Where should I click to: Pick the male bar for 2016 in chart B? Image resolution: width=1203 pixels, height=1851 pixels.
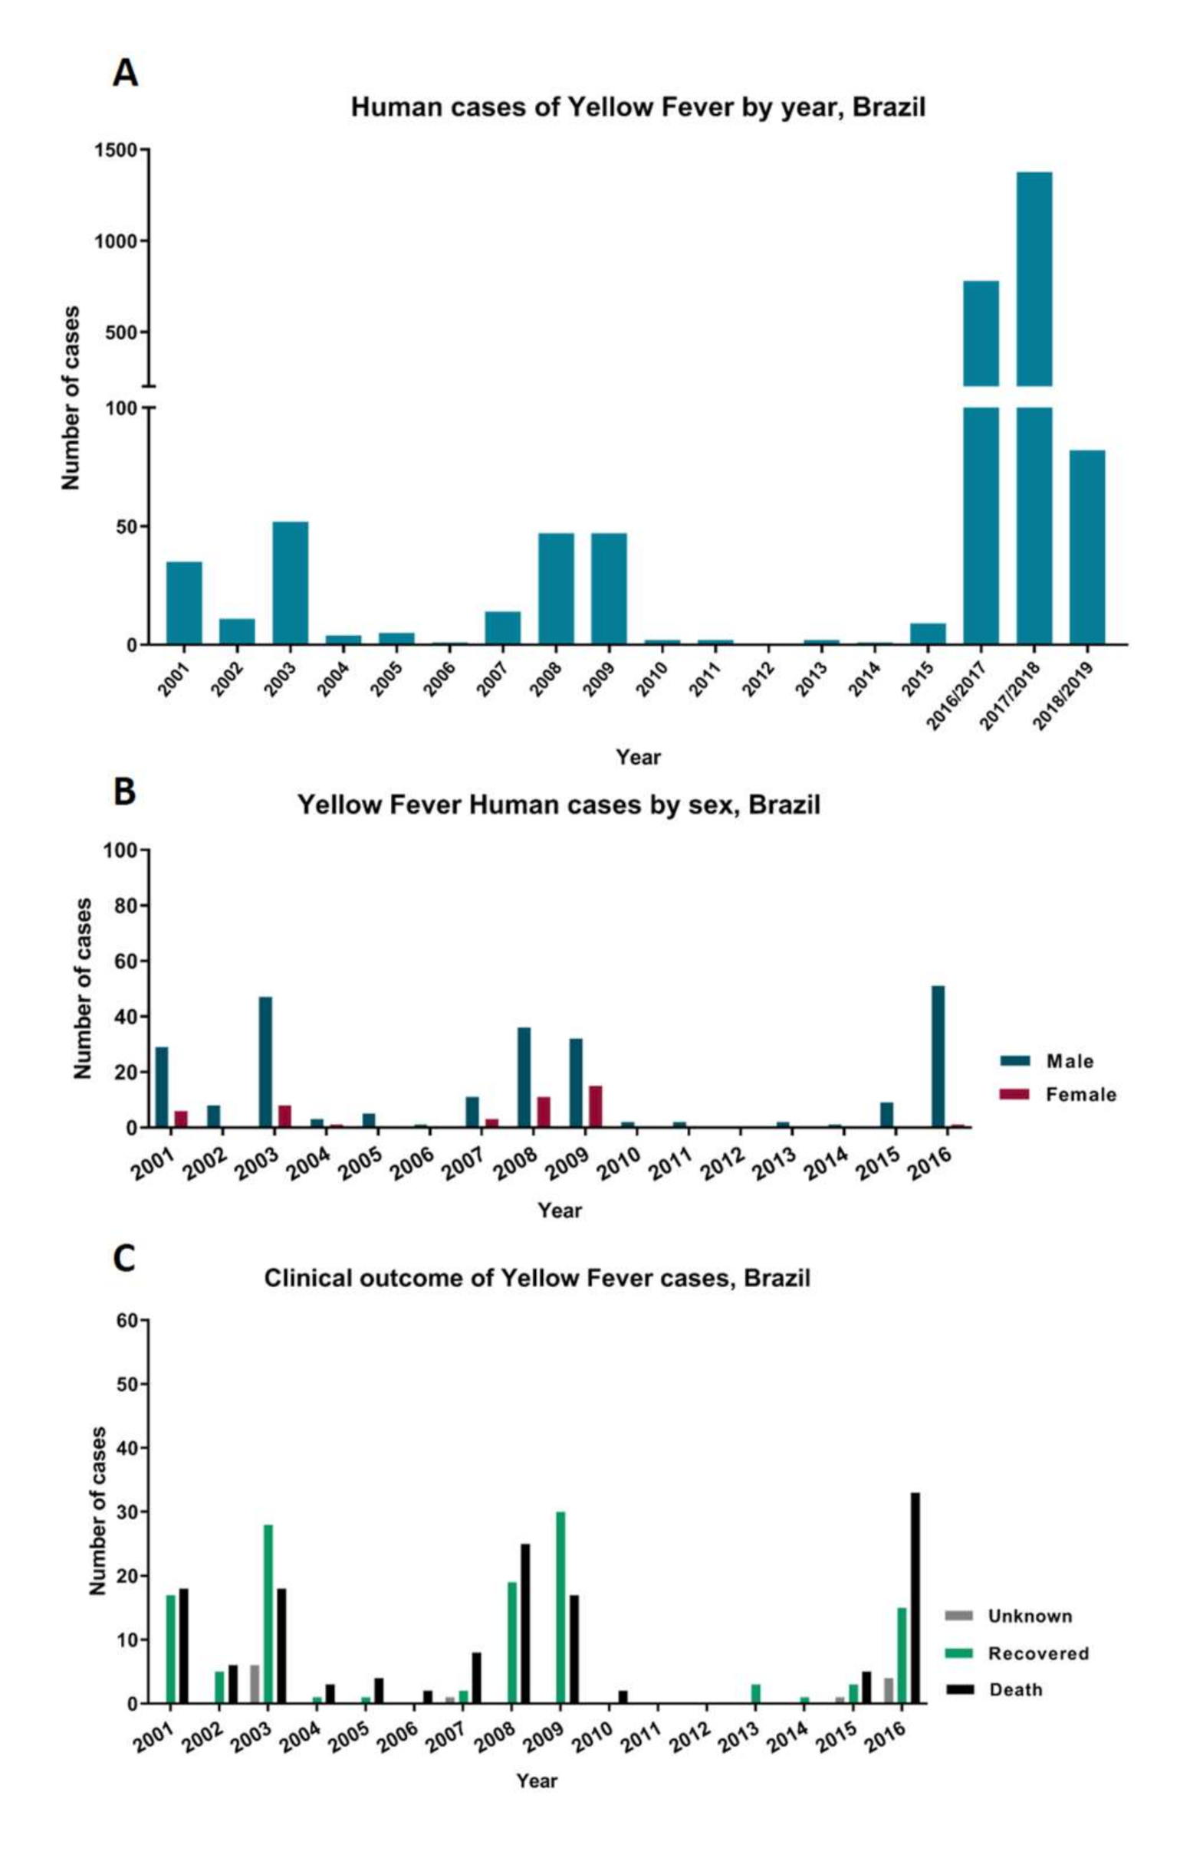[x=938, y=1057]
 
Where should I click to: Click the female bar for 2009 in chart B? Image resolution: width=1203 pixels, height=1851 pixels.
[x=595, y=1106]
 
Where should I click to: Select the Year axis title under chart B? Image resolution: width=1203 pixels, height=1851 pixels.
[x=560, y=1211]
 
